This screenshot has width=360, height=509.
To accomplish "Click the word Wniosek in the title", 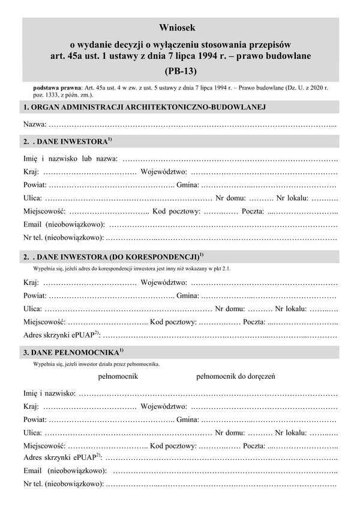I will pos(179,28).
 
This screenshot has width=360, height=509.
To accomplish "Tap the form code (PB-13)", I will pos(180,71).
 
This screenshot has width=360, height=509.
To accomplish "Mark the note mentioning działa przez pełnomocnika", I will pos(97,363).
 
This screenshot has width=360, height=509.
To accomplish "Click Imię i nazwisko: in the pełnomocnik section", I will pos(50,393).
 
